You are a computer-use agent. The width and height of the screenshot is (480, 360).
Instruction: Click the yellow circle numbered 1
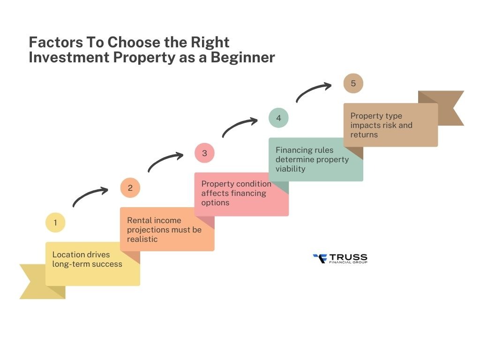55,223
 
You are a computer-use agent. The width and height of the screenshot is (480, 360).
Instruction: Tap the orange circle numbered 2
130,188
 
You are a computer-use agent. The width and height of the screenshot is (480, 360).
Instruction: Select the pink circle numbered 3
204,153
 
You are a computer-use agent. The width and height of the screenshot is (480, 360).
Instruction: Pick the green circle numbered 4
278,118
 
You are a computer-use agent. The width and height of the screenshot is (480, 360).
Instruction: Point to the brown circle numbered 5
353,83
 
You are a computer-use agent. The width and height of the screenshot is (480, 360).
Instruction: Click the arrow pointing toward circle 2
89,196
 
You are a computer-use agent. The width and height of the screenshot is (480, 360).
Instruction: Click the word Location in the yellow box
68,255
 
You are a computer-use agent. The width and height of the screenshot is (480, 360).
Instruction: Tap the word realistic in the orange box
142,239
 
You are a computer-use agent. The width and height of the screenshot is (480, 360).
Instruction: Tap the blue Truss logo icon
319,258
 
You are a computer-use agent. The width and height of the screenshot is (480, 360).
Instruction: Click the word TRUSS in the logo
348,257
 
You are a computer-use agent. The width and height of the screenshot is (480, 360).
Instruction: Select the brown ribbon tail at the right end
448,108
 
